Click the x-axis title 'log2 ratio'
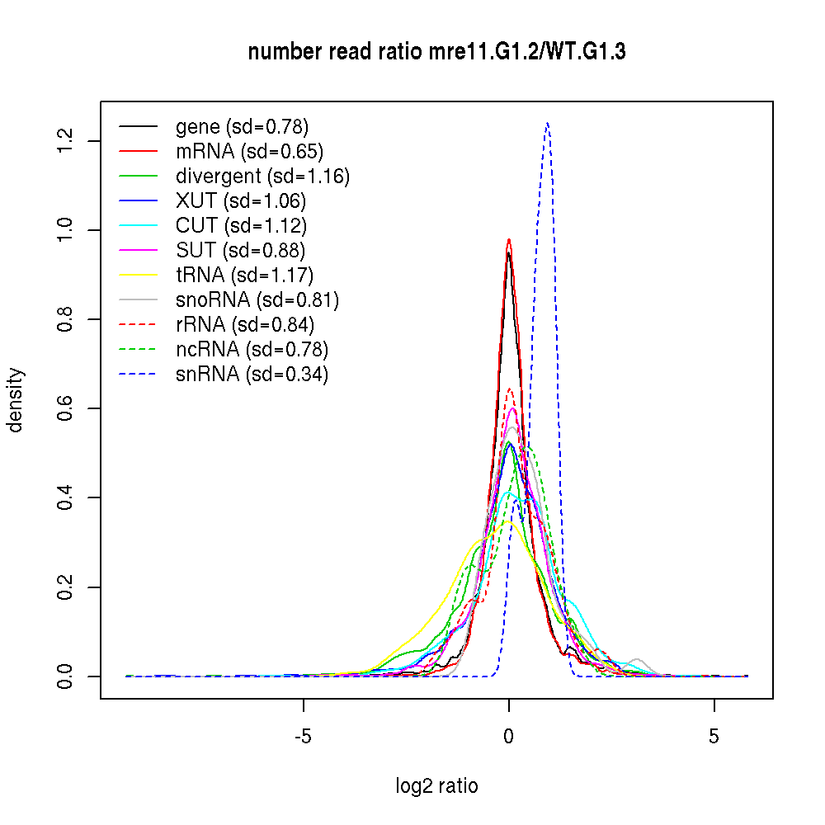436,785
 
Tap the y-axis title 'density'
16,400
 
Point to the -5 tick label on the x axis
304,736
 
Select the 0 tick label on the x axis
509,736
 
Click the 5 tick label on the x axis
714,736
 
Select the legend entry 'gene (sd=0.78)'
242,127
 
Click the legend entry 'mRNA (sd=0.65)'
249,152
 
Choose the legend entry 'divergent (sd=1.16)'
262,177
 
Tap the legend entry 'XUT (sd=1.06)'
241,201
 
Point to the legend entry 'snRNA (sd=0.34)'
252,375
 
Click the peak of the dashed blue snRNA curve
547,123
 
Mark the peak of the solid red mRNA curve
509,239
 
